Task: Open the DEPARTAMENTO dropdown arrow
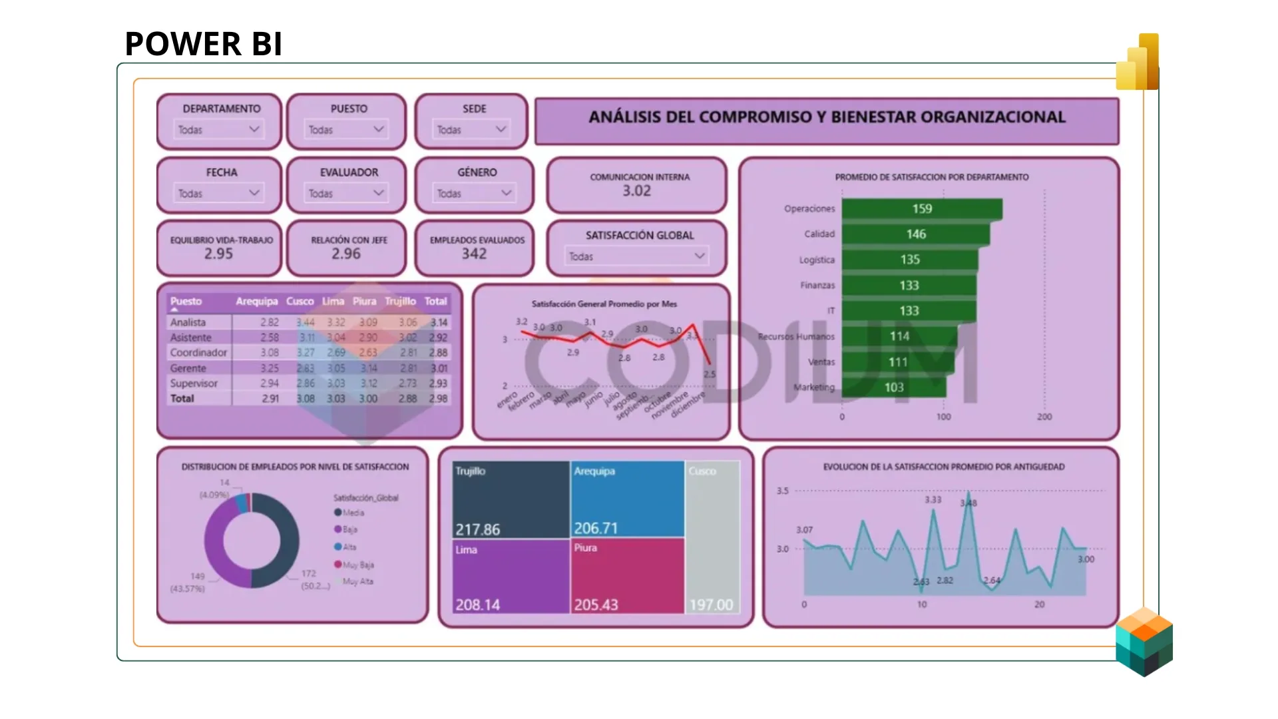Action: pyautogui.click(x=254, y=129)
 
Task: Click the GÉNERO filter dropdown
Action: pyautogui.click(x=474, y=193)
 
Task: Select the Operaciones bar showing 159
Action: pyautogui.click(x=922, y=209)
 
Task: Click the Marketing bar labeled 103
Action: pyautogui.click(x=893, y=387)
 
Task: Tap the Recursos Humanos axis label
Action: pyautogui.click(x=796, y=337)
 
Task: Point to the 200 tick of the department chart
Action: pyautogui.click(x=1044, y=417)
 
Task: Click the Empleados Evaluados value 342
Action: pyautogui.click(x=474, y=254)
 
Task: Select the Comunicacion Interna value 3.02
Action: pyautogui.click(x=636, y=191)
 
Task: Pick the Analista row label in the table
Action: pyautogui.click(x=188, y=322)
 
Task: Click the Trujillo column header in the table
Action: pyautogui.click(x=400, y=302)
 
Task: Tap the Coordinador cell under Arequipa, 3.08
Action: pyautogui.click(x=270, y=353)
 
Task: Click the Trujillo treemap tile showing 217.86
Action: pyautogui.click(x=511, y=499)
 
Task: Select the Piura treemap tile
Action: pyautogui.click(x=627, y=576)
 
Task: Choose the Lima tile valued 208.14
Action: pyautogui.click(x=511, y=576)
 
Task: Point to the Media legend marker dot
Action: pyautogui.click(x=338, y=513)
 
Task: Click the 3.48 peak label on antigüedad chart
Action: pyautogui.click(x=968, y=503)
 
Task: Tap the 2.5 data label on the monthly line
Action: pyautogui.click(x=710, y=374)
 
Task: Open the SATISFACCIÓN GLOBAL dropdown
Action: pyautogui.click(x=636, y=256)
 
